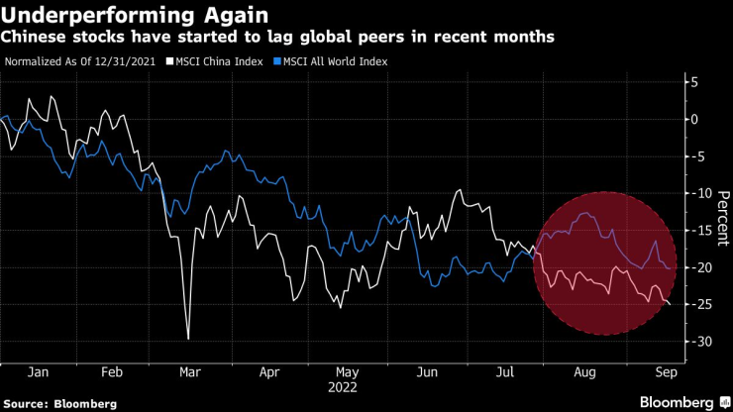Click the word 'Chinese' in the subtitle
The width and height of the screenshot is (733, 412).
tap(37, 37)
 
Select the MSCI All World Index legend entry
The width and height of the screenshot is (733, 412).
tap(332, 61)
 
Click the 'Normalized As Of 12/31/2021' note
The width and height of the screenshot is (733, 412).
tap(82, 61)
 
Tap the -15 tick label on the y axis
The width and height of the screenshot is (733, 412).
tap(702, 230)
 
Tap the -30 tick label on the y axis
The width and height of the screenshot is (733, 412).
tap(702, 341)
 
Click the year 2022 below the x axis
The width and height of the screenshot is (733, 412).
tap(344, 387)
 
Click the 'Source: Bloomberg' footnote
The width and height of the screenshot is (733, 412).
tap(60, 404)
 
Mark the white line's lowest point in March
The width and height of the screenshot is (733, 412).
tap(187, 339)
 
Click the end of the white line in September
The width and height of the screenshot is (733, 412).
tap(669, 304)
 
